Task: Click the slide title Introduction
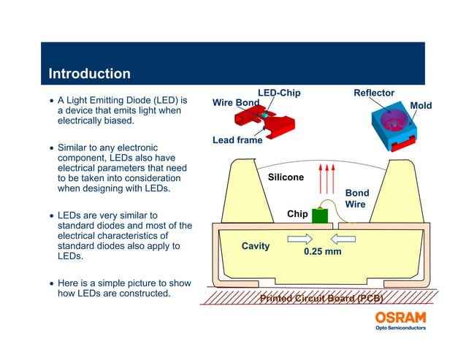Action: (89, 74)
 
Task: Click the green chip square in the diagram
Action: (319, 215)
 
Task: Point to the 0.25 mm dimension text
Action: (322, 252)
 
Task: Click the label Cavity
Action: (256, 246)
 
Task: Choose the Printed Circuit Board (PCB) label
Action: (322, 298)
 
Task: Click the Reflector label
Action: (373, 93)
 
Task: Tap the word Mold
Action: (421, 105)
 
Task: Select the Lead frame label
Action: (237, 140)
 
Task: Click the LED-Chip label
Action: (279, 93)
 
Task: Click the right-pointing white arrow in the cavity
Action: (300, 238)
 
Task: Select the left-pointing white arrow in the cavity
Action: (343, 238)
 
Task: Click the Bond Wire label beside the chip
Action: (356, 199)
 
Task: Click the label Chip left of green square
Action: (297, 214)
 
